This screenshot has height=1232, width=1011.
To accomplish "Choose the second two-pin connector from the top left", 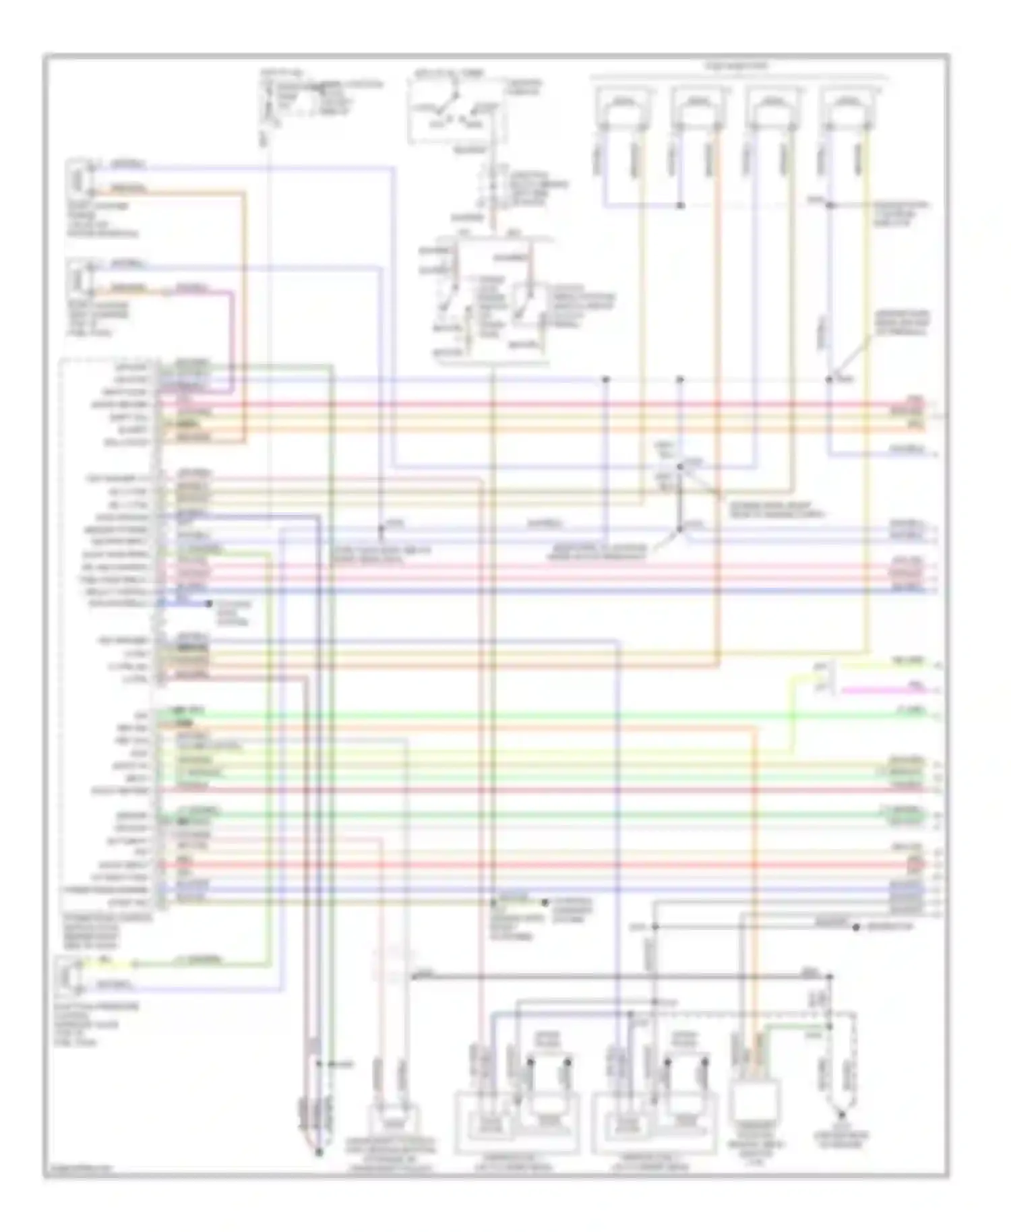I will coord(78,278).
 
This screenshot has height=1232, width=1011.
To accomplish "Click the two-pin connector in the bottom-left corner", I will coord(67,975).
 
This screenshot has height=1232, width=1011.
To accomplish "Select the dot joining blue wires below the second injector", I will coord(680,205).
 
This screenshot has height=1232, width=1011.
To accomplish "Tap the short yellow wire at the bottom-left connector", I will coord(108,963).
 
